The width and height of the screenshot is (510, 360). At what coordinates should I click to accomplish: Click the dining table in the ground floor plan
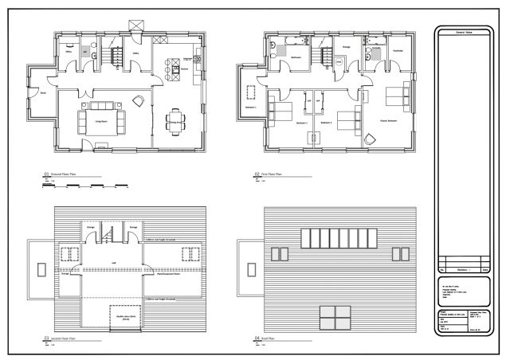click(x=174, y=121)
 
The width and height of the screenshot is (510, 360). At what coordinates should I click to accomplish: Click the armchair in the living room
click(x=139, y=100)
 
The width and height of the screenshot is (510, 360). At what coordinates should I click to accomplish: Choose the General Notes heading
click(x=465, y=31)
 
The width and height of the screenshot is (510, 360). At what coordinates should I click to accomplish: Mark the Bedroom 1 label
click(x=249, y=107)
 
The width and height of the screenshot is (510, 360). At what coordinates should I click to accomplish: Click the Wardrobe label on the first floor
click(x=396, y=50)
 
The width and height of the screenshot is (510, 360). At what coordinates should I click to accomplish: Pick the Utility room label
click(x=135, y=54)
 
